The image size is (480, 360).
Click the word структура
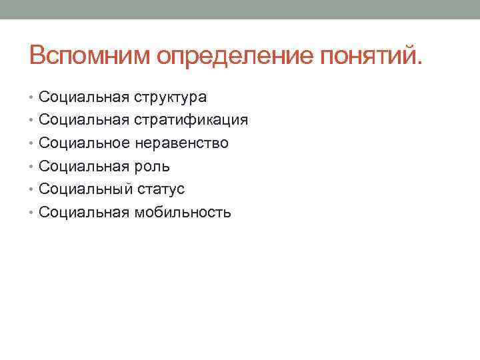(170, 97)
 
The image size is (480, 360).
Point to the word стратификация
(191, 121)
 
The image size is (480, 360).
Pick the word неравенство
(181, 143)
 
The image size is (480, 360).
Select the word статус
(161, 189)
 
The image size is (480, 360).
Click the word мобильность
(183, 213)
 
